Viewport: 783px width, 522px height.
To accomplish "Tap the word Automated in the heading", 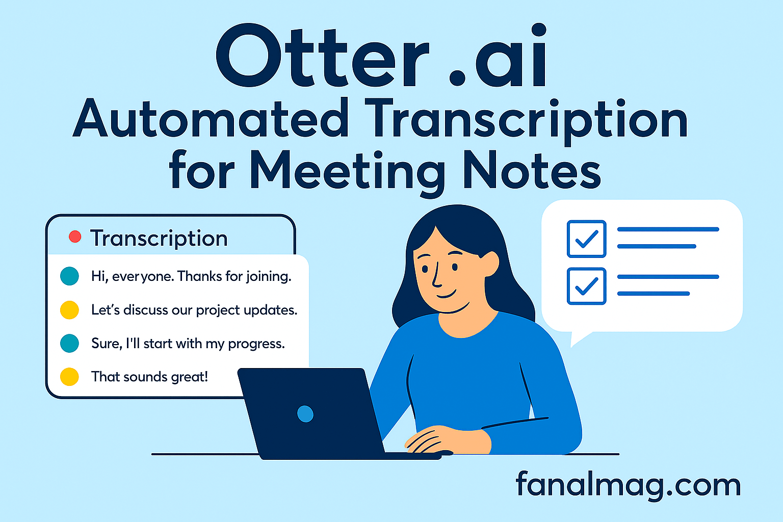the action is [x=210, y=119].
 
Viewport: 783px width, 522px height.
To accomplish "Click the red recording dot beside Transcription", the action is [x=75, y=237].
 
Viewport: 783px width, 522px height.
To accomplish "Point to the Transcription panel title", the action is [x=159, y=239].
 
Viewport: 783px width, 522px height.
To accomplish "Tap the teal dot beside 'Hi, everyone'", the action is [x=69, y=276].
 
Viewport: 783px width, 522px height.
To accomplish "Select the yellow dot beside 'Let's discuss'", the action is [x=69, y=310].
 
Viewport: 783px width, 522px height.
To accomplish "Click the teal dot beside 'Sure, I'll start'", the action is [x=69, y=343].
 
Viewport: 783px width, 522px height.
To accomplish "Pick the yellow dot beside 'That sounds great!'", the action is [x=69, y=377].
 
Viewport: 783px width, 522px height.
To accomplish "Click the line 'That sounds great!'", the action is [x=149, y=377].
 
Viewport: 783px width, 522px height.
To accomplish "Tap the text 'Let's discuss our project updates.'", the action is [x=194, y=310].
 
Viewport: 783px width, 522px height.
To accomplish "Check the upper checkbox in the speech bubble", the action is [x=587, y=239].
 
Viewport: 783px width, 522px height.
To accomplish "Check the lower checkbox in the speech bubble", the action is [x=587, y=286].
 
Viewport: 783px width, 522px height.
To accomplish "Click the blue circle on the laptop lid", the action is [x=305, y=414].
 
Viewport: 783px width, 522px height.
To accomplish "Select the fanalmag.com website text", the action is [x=628, y=484].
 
